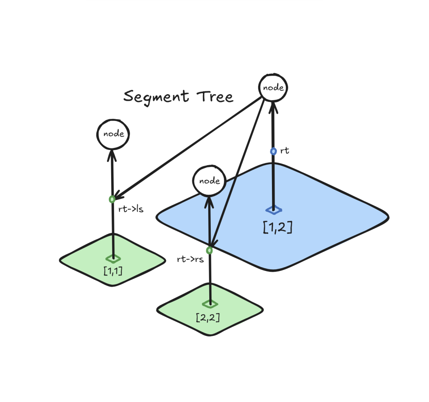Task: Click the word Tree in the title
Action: pyautogui.click(x=215, y=97)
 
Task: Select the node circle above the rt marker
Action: pyautogui.click(x=273, y=88)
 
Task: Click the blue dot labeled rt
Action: pyautogui.click(x=273, y=151)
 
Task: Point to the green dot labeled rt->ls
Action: pyautogui.click(x=112, y=200)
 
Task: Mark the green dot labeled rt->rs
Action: pyautogui.click(x=210, y=250)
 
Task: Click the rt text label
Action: pyautogui.click(x=285, y=150)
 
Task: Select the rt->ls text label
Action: pyautogui.click(x=131, y=209)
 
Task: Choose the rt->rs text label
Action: pyautogui.click(x=190, y=259)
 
